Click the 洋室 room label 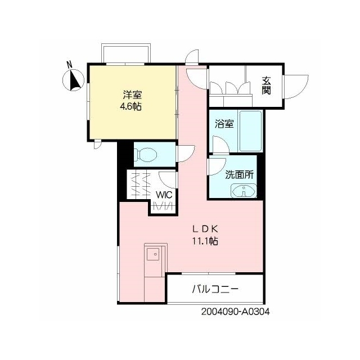pyautogui.click(x=132, y=95)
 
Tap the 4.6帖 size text pyautogui.click(x=130, y=106)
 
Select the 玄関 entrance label pyautogui.click(x=266, y=85)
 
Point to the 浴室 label pyautogui.click(x=224, y=124)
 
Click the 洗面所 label pyautogui.click(x=239, y=175)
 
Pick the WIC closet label pyautogui.click(x=164, y=195)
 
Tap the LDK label pyautogui.click(x=205, y=229)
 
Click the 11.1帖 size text pyautogui.click(x=205, y=241)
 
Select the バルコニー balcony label pyautogui.click(x=215, y=289)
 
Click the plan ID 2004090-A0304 pyautogui.click(x=236, y=312)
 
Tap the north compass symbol pyautogui.click(x=74, y=80)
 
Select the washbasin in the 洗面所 pyautogui.click(x=244, y=191)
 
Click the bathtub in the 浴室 pyautogui.click(x=250, y=131)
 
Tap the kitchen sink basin pyautogui.click(x=153, y=254)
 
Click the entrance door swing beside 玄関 pyautogui.click(x=296, y=87)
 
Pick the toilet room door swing pyautogui.click(x=186, y=154)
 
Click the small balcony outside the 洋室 pyautogui.click(x=126, y=54)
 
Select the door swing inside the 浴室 pyautogui.click(x=221, y=144)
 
